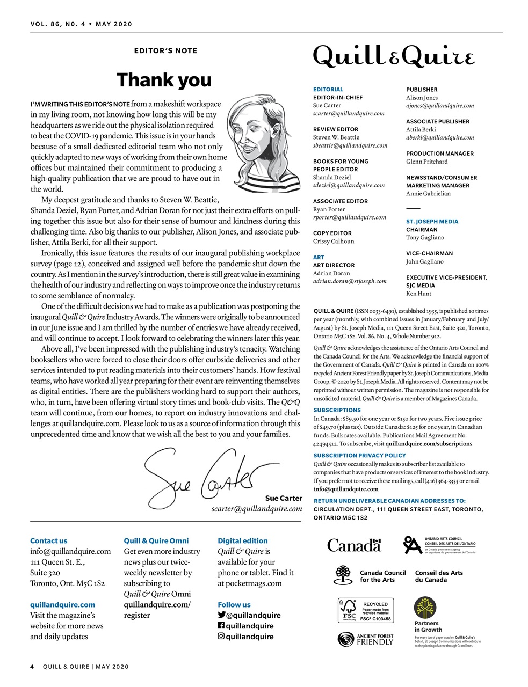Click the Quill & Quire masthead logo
pyautogui.click(x=394, y=56)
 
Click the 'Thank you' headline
pyautogui.click(x=164, y=80)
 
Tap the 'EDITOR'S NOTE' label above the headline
pyautogui.click(x=165, y=51)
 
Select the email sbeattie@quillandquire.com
pyautogui.click(x=350, y=145)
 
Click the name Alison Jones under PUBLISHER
pyautogui.click(x=422, y=98)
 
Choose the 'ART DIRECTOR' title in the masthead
pyautogui.click(x=334, y=265)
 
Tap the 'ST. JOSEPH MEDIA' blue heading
pyautogui.click(x=432, y=221)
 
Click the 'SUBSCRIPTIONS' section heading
pyautogui.click(x=337, y=410)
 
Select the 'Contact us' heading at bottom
pyautogui.click(x=49, y=541)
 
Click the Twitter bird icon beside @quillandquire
pyautogui.click(x=221, y=615)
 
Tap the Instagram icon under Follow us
pyautogui.click(x=221, y=637)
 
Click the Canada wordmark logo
pyautogui.click(x=354, y=545)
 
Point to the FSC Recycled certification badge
pyautogui.click(x=365, y=610)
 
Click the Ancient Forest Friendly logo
pyautogui.click(x=365, y=639)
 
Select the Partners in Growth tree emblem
pyautogui.click(x=426, y=608)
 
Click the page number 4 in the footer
pyautogui.click(x=32, y=667)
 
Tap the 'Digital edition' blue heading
pyautogui.click(x=242, y=541)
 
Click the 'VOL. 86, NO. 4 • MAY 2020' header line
pyautogui.click(x=81, y=24)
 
